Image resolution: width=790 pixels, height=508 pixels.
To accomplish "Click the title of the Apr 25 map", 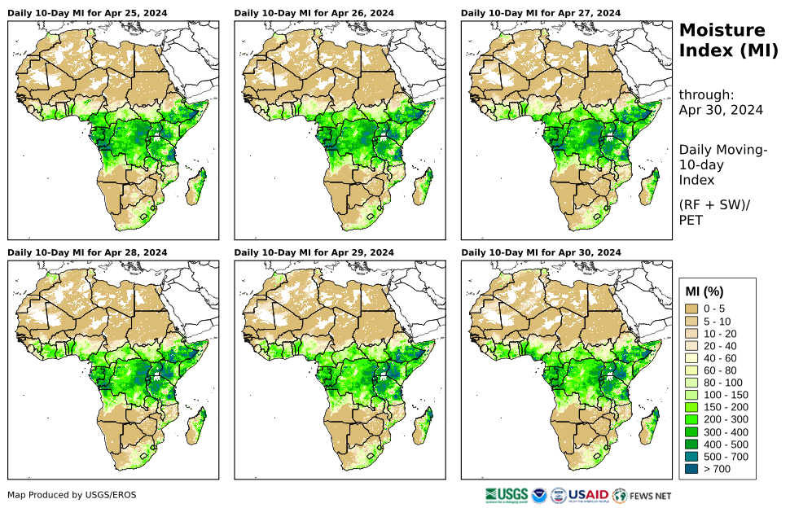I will click(x=87, y=14).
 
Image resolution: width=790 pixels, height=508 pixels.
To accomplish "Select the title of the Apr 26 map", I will click(x=314, y=14).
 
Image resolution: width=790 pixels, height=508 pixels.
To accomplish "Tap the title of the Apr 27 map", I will click(x=541, y=14).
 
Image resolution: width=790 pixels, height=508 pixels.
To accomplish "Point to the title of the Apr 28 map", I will click(x=87, y=253).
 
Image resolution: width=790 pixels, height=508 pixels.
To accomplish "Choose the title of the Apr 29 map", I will click(x=314, y=253).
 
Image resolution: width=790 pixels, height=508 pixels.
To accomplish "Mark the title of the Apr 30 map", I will click(x=541, y=253).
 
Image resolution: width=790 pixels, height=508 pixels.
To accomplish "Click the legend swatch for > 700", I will click(x=691, y=469).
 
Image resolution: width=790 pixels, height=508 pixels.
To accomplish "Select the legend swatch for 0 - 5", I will click(x=691, y=309).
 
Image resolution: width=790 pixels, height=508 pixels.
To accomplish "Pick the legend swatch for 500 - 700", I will click(x=691, y=457).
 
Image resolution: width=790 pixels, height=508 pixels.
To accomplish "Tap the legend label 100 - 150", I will click(x=722, y=395).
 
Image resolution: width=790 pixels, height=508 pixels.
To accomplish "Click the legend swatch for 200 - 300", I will click(x=691, y=420).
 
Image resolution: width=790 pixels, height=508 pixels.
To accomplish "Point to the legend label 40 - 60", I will click(x=720, y=358).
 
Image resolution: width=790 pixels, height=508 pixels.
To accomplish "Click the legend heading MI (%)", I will click(x=704, y=291).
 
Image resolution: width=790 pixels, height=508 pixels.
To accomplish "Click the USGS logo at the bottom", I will click(x=505, y=495).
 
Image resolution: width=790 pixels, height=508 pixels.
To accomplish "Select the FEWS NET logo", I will click(x=643, y=495).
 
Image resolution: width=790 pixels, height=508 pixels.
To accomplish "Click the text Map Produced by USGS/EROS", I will click(x=72, y=495).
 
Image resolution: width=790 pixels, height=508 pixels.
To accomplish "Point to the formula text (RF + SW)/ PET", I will click(x=714, y=212).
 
